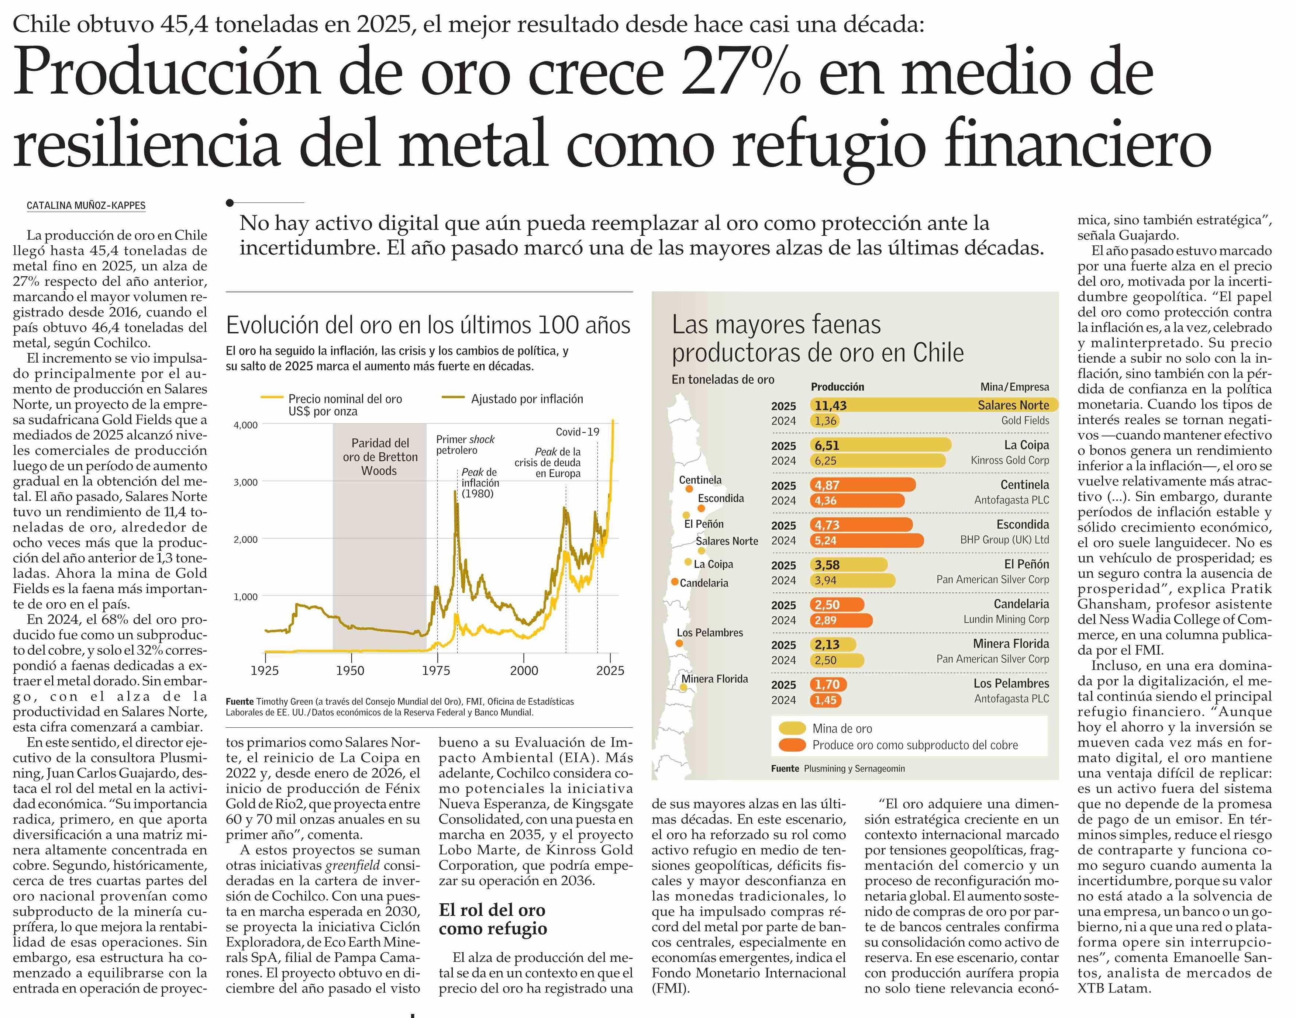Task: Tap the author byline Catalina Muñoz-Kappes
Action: tap(86, 205)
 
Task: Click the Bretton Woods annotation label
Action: tap(380, 457)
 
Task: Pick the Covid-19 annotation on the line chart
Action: tap(577, 432)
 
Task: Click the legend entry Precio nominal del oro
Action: tap(345, 399)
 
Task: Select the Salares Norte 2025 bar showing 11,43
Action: tap(934, 405)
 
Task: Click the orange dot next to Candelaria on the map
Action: tap(674, 582)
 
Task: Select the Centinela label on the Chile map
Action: tap(700, 480)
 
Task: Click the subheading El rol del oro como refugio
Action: tap(492, 919)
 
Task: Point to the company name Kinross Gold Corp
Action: tap(1009, 460)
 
